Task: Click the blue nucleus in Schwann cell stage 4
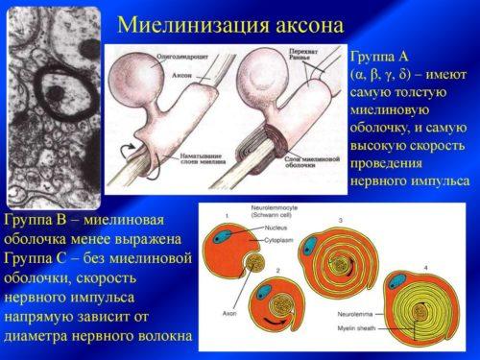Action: click(x=396, y=286)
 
